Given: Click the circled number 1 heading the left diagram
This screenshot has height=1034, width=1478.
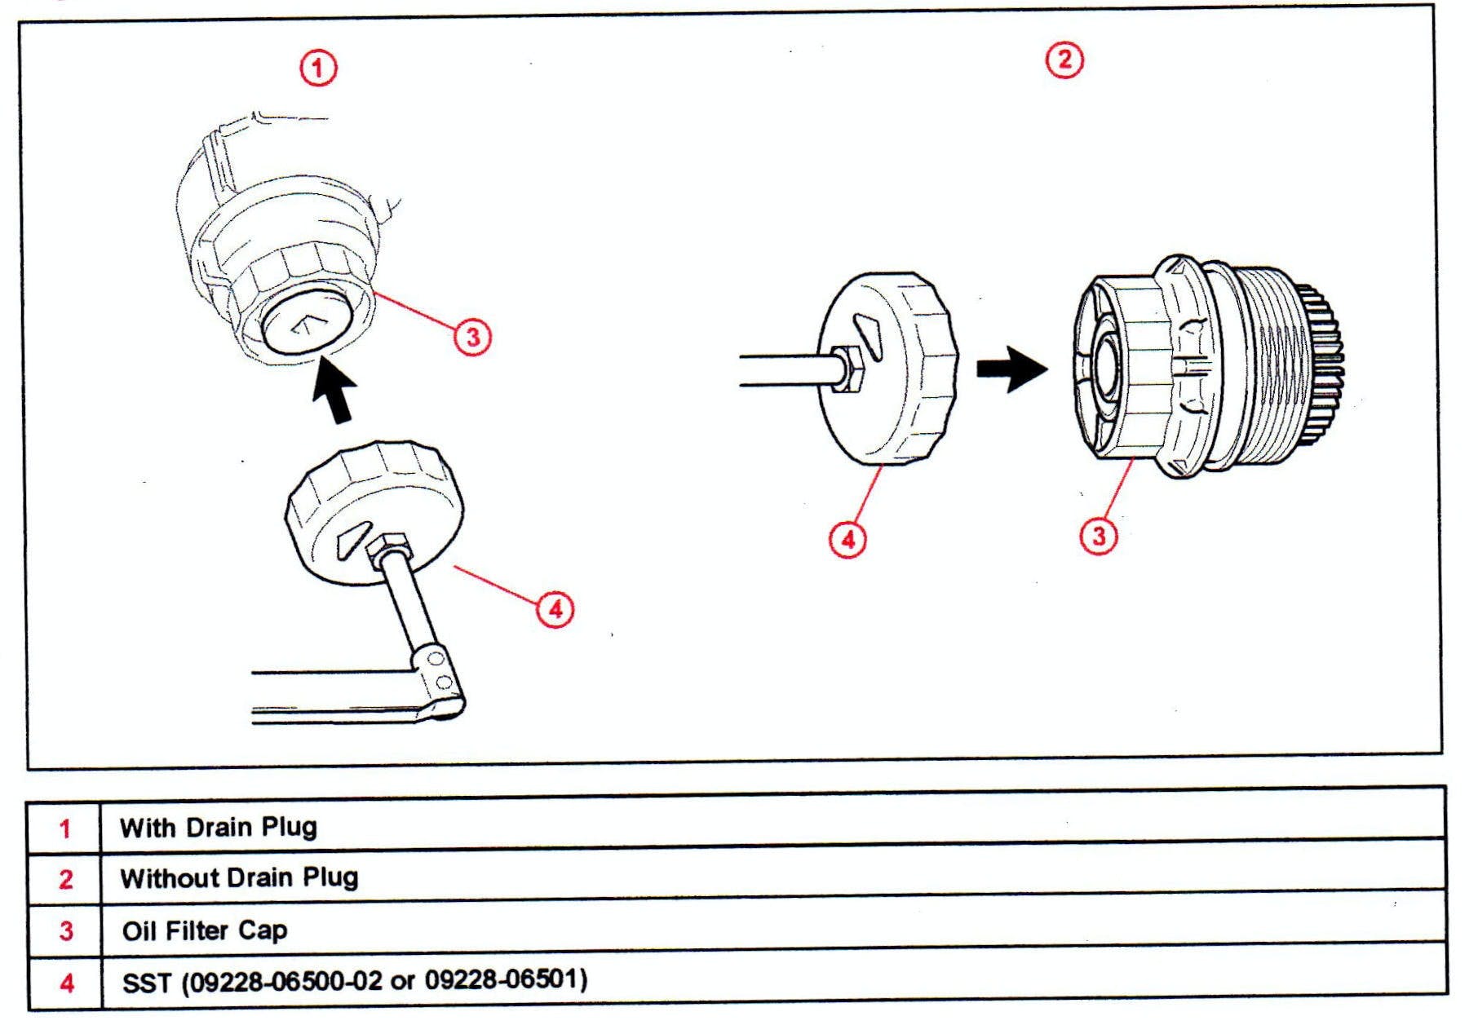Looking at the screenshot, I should tap(318, 68).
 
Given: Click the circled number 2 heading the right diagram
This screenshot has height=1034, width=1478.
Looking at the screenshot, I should tap(1064, 60).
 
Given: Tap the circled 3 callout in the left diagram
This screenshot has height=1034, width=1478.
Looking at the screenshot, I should tap(473, 336).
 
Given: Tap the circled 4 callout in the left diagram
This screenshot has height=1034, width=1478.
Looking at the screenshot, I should tap(555, 609).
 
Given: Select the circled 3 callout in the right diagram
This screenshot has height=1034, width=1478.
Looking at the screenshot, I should tap(1099, 536).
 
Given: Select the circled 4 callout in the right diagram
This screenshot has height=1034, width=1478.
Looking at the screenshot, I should tap(848, 539).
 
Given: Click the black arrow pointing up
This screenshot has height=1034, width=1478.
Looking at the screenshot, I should tap(335, 390).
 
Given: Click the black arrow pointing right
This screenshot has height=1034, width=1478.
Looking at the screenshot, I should tap(1011, 369).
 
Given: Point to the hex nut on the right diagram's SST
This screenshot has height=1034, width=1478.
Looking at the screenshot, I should tap(848, 369).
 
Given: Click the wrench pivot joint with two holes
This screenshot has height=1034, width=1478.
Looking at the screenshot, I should tap(439, 672).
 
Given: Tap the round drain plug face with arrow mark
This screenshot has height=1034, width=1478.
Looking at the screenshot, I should tap(306, 325).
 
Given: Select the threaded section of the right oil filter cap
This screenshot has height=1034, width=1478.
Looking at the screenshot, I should tap(1272, 367).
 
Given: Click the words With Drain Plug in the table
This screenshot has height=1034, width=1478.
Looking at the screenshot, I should tap(218, 827).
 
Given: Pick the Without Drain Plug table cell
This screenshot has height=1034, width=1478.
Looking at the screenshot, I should tap(239, 878).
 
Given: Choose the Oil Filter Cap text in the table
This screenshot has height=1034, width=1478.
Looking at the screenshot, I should tap(204, 930).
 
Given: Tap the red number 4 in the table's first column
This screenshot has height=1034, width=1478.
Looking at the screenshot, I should tap(67, 983).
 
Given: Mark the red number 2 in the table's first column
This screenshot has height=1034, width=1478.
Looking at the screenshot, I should tap(66, 879).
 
